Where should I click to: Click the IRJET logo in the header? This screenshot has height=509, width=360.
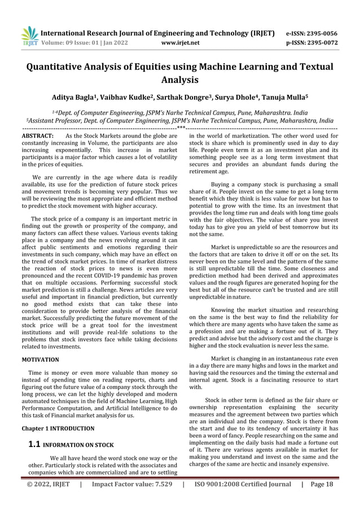pos(29,36)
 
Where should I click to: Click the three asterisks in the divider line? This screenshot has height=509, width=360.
pos(180,128)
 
